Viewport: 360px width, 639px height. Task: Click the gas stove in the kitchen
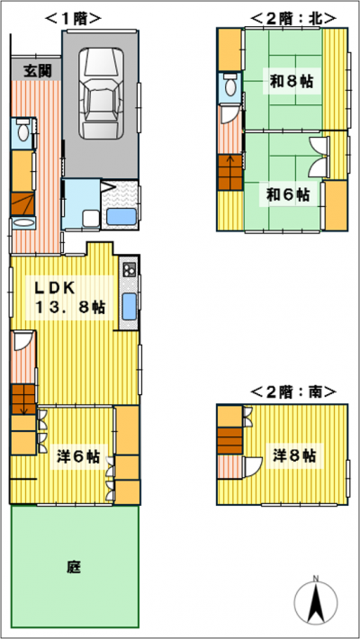(x=128, y=268)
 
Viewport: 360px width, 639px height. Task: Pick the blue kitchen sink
(x=128, y=305)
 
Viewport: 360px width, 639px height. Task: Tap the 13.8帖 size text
(x=70, y=308)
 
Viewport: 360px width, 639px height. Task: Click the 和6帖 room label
(x=286, y=193)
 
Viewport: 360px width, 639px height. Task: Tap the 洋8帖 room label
(x=294, y=455)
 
